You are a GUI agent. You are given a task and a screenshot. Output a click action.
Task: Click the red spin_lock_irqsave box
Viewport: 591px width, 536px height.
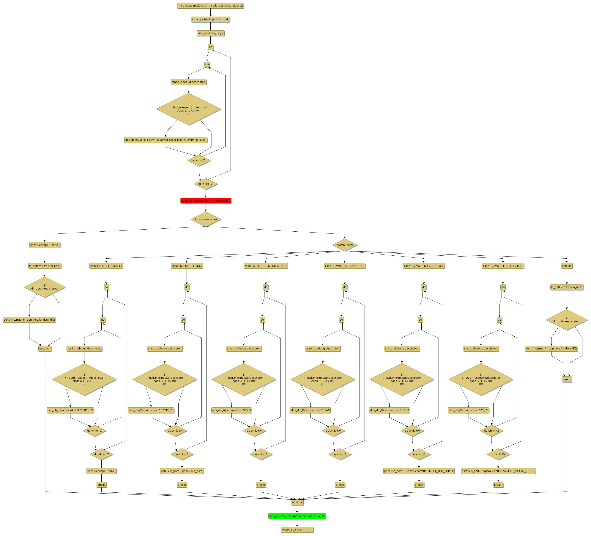click(206, 201)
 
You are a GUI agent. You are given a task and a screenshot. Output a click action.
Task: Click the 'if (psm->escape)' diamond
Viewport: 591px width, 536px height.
click(206, 219)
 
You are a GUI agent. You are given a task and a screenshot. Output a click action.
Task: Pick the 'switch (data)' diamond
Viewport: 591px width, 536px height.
click(345, 245)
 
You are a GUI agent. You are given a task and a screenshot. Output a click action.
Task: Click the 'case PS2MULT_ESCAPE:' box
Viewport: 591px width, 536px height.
click(106, 266)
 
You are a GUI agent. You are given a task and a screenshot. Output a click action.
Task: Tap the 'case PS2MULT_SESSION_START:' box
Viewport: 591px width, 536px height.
click(266, 266)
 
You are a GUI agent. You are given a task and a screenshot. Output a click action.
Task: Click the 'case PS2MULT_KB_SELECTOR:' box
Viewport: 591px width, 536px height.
click(424, 266)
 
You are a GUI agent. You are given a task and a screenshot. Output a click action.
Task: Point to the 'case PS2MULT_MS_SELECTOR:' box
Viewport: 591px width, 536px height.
click(503, 266)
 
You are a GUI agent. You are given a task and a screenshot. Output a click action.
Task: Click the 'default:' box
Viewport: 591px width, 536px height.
click(566, 266)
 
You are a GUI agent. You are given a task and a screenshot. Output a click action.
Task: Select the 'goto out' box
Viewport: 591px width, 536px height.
click(45, 349)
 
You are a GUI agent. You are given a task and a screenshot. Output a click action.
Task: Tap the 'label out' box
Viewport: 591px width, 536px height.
click(297, 502)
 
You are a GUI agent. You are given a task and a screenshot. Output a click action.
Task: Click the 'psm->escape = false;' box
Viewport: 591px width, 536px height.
click(45, 245)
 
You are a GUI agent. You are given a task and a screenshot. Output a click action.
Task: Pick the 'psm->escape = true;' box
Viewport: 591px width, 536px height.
click(101, 471)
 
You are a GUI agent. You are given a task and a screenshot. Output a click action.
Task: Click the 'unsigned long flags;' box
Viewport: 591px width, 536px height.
click(210, 33)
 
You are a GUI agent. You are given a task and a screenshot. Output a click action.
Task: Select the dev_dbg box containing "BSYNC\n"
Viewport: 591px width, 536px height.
click(151, 410)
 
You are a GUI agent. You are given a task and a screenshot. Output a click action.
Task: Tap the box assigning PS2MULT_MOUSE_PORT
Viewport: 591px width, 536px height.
click(498, 471)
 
